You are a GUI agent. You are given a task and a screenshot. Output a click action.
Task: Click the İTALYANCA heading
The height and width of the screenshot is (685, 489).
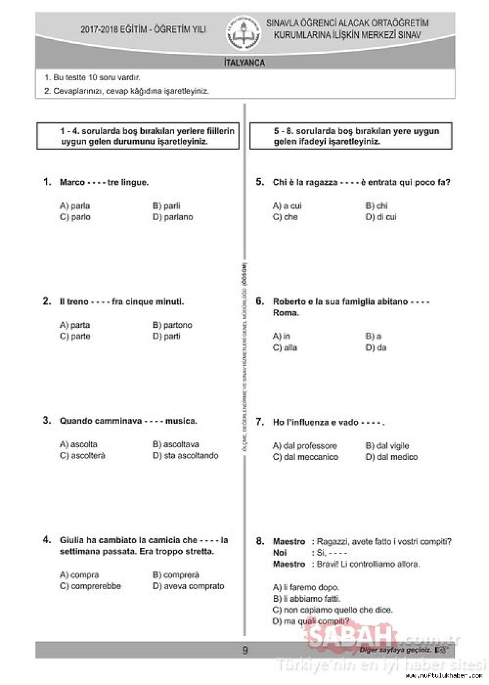pyautogui.click(x=244, y=62)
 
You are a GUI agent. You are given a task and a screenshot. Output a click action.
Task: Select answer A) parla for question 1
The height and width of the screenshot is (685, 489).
pyautogui.click(x=75, y=206)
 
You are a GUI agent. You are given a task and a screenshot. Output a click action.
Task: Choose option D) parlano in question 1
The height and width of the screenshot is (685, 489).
pyautogui.click(x=172, y=217)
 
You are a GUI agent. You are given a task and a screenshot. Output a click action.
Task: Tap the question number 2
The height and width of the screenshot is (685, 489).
pyautogui.click(x=47, y=301)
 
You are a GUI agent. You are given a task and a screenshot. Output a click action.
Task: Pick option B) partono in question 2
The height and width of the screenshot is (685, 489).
pyautogui.click(x=172, y=325)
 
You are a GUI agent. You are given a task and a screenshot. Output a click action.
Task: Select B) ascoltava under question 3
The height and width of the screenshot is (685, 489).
pyautogui.click(x=175, y=445)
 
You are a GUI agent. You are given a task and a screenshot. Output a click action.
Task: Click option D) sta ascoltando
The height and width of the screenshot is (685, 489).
pyautogui.click(x=185, y=456)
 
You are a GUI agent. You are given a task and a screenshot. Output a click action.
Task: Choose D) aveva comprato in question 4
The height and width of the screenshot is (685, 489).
pyautogui.click(x=188, y=586)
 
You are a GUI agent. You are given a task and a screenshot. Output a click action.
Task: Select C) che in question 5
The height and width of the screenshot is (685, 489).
pyautogui.click(x=285, y=217)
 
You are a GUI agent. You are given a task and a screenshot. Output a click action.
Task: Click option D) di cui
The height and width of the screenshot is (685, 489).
pyautogui.click(x=381, y=217)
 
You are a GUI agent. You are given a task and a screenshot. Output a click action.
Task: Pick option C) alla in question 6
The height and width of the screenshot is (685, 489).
pyautogui.click(x=285, y=347)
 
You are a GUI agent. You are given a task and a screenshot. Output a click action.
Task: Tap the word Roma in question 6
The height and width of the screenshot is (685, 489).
pyautogui.click(x=286, y=313)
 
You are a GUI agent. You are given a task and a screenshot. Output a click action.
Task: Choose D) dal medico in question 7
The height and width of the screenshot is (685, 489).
pyautogui.click(x=391, y=457)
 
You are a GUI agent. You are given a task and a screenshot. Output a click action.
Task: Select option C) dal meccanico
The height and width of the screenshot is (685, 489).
pyautogui.click(x=305, y=457)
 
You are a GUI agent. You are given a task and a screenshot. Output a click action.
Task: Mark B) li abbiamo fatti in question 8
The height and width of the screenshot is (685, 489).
pyautogui.click(x=306, y=599)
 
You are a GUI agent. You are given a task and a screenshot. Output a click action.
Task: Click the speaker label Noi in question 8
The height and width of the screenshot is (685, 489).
pyautogui.click(x=279, y=553)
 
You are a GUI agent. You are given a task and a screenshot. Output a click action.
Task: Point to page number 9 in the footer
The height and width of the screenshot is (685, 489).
pyautogui.click(x=245, y=650)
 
